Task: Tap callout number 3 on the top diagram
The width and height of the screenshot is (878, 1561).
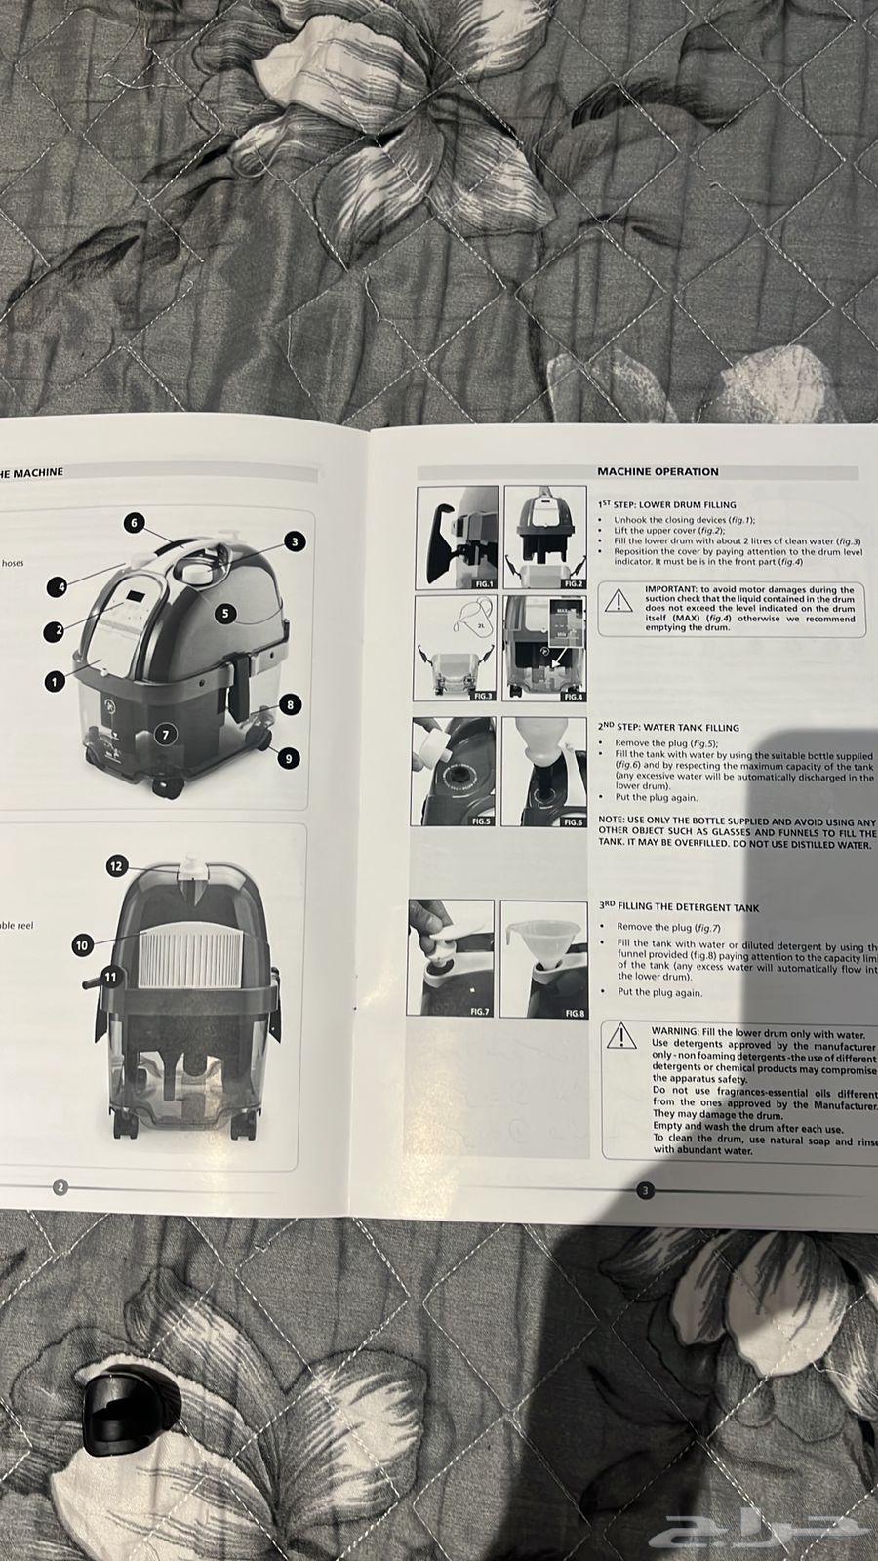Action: coord(296,541)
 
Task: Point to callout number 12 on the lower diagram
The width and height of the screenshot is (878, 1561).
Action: coord(116,865)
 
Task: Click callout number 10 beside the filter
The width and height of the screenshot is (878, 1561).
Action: coord(82,944)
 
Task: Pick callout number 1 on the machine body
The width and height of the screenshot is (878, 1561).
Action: coord(54,682)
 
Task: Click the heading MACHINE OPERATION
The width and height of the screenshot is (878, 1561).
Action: coord(658,471)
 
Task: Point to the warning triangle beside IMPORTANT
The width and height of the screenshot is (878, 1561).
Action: coord(618,599)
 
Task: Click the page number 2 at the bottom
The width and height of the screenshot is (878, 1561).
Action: coord(60,1187)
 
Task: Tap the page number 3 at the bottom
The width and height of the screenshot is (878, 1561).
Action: coord(645,1190)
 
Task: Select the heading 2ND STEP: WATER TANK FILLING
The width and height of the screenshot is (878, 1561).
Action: coord(669,727)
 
